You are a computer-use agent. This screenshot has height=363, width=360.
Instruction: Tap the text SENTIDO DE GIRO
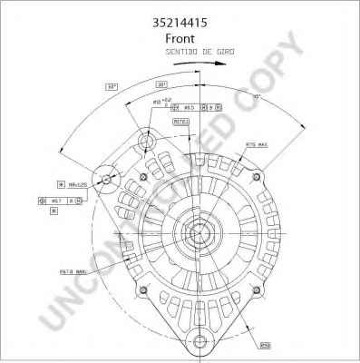[x=200, y=53]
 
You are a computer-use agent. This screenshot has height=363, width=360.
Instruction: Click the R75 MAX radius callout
[x=256, y=144]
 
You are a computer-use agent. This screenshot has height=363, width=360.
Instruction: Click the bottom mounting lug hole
[x=199, y=339]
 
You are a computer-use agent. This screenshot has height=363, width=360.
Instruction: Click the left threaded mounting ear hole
[x=107, y=180]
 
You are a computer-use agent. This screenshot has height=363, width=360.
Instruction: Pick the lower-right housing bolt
[x=258, y=290]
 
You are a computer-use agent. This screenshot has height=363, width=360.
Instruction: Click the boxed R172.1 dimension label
[x=180, y=122]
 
